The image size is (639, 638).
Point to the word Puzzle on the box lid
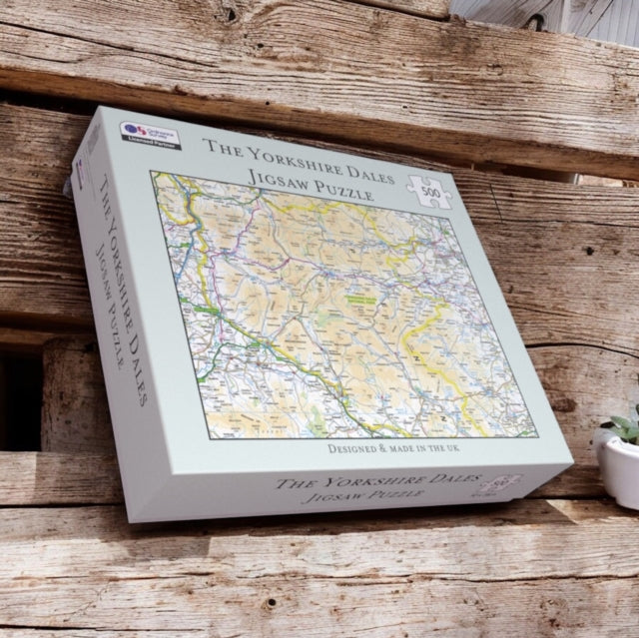tap(337, 191)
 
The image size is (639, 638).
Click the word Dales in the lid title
tap(344, 165)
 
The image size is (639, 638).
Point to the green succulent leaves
tap(625, 425)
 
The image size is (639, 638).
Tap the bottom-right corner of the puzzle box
tap(572, 466)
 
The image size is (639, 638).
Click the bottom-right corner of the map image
tap(536, 435)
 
